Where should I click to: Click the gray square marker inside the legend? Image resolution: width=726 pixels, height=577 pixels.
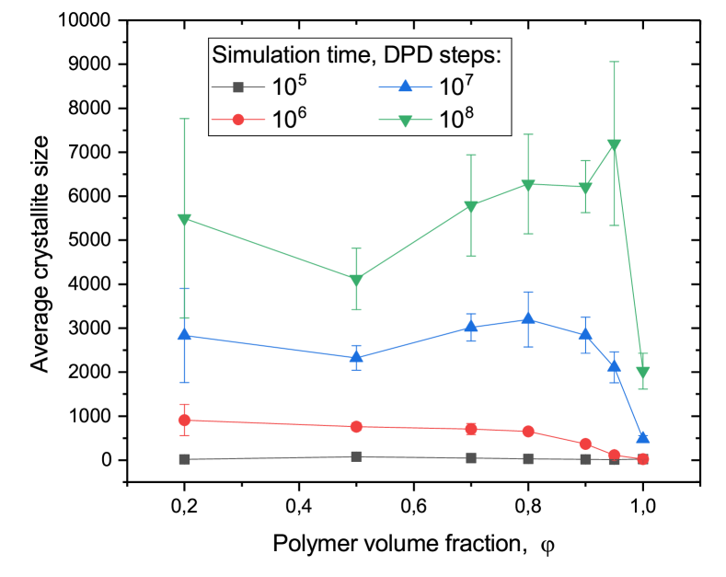click(237, 87)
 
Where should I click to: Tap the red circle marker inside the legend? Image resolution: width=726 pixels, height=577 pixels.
click(237, 120)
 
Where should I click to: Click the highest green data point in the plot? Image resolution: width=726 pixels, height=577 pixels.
click(614, 144)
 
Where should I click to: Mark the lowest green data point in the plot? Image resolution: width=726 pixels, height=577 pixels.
click(643, 373)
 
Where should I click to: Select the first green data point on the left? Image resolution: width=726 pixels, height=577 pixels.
click(185, 219)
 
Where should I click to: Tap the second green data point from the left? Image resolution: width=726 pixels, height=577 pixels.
click(356, 280)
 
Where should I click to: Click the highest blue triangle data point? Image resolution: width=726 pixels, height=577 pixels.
click(528, 318)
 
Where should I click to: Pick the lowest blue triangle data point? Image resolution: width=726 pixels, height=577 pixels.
click(643, 437)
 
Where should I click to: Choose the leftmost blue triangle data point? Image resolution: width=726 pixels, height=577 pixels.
click(185, 335)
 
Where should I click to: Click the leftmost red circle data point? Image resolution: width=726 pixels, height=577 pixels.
click(185, 420)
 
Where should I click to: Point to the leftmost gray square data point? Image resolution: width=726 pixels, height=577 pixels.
click(185, 458)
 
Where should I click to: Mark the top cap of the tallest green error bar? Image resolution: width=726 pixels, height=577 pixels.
click(614, 62)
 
